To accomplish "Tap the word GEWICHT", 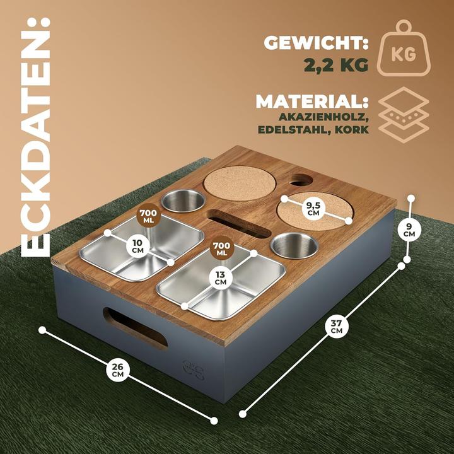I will pos(313,44).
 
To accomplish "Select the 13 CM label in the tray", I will pos(220,277).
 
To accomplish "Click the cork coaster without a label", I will pos(240,182).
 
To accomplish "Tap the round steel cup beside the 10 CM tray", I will pos(183,201).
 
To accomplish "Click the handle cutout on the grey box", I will pos(135,327).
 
